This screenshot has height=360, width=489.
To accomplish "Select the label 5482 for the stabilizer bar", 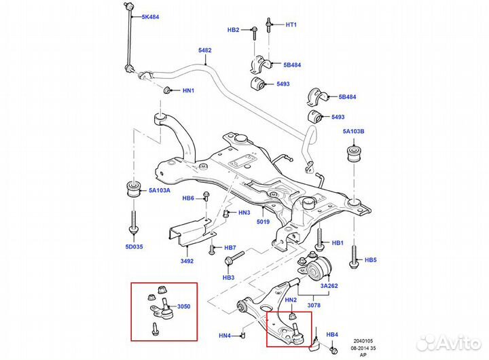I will coord(205,50).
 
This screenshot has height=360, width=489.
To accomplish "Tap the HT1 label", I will coord(291,24).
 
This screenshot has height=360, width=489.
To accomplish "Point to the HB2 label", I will coord(234,30).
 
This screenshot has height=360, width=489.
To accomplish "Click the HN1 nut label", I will coord(188,90).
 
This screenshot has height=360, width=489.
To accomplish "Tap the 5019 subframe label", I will coord(264,221).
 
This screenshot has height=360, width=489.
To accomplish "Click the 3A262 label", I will coord(329,286).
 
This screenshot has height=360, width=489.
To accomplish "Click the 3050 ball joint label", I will coord(184,306).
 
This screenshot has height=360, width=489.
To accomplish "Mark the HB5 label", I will coord(371,259).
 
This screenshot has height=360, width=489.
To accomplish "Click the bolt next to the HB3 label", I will coord(234,259).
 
